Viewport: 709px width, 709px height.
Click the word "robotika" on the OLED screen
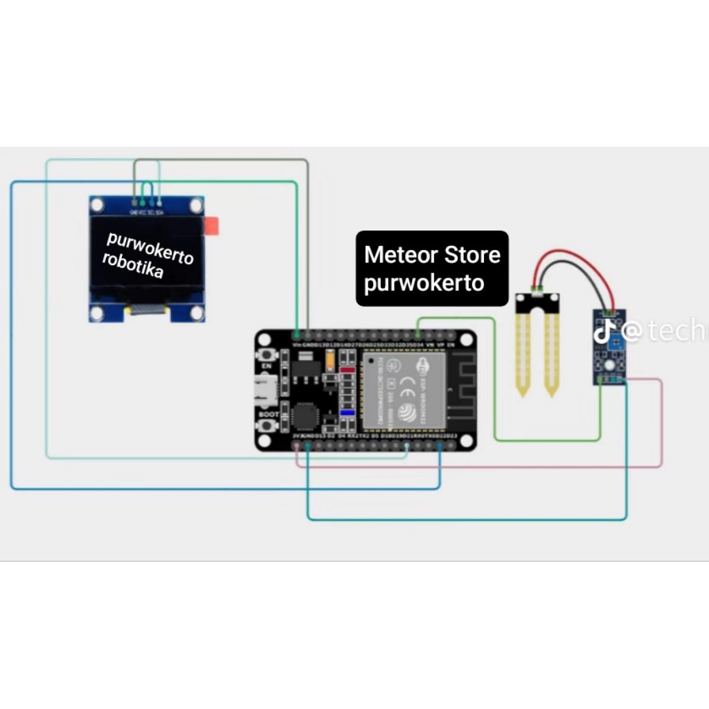point(133,266)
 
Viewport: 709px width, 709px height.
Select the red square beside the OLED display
point(211,226)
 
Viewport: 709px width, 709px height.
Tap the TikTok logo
point(604,332)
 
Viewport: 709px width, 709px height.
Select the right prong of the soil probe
point(551,353)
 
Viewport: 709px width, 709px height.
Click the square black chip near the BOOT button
point(305,415)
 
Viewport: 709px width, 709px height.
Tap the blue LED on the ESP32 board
point(348,413)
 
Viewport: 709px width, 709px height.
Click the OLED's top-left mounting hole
point(98,205)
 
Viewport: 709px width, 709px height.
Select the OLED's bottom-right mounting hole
point(197,313)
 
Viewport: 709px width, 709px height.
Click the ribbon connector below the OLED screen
point(147,311)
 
